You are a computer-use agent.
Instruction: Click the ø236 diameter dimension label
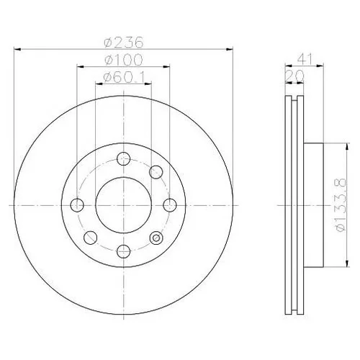click(124, 42)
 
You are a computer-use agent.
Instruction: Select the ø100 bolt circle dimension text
click(124, 60)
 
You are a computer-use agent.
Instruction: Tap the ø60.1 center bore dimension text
click(124, 77)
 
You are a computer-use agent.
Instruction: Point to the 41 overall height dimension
click(305, 59)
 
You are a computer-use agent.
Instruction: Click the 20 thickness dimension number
click(294, 76)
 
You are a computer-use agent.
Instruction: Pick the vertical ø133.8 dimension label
click(341, 204)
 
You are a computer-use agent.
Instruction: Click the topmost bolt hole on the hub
click(123, 158)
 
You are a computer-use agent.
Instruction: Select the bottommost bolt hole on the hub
click(123, 251)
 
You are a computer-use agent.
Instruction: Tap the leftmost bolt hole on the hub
click(77, 205)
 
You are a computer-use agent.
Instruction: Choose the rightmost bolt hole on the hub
click(170, 205)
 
